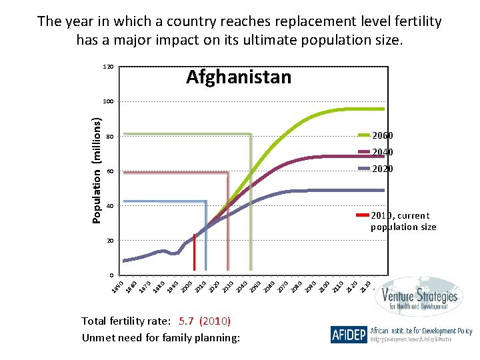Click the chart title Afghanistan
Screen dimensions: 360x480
[239, 77]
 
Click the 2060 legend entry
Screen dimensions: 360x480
[383, 136]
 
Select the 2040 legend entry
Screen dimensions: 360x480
[383, 152]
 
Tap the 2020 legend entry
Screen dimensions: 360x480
[383, 169]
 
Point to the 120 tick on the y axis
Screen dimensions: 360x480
[108, 67]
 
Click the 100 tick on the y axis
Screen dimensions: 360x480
[108, 101]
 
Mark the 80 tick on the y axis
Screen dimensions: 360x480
[110, 137]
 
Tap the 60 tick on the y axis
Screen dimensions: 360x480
[110, 171]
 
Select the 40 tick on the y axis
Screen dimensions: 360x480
[110, 206]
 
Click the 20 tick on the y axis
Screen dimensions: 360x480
[110, 241]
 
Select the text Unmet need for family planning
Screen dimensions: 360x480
[160, 337]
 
